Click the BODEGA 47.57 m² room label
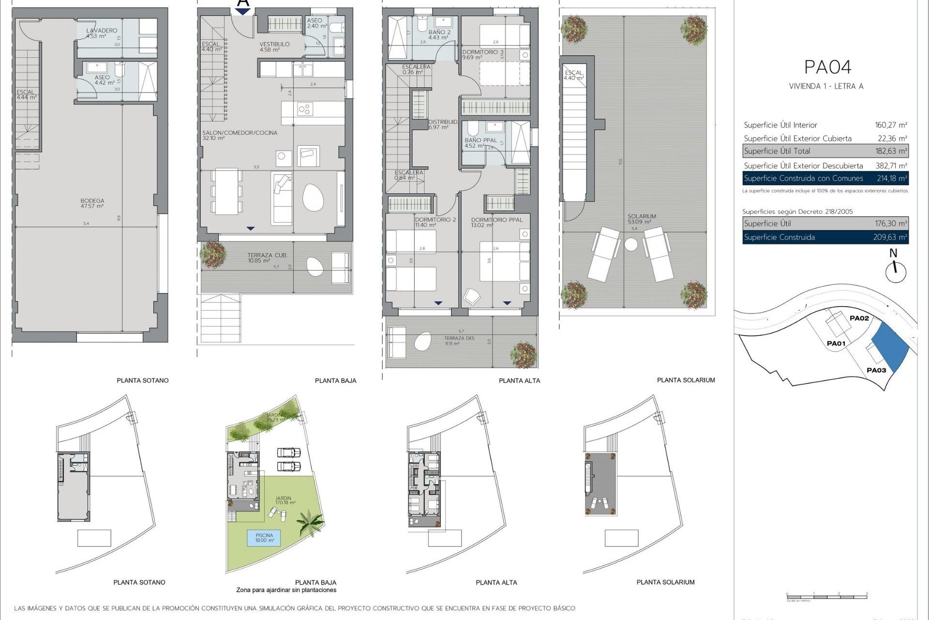pyautogui.click(x=92, y=203)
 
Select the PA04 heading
pyautogui.click(x=827, y=67)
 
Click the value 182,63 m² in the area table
pyautogui.click(x=891, y=151)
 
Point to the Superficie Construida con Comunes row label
pyautogui.click(x=803, y=178)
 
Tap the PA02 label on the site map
pyautogui.click(x=859, y=318)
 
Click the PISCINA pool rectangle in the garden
pyautogui.click(x=265, y=538)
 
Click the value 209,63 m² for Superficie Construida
pyautogui.click(x=891, y=237)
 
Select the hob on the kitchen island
pyautogui.click(x=305, y=109)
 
